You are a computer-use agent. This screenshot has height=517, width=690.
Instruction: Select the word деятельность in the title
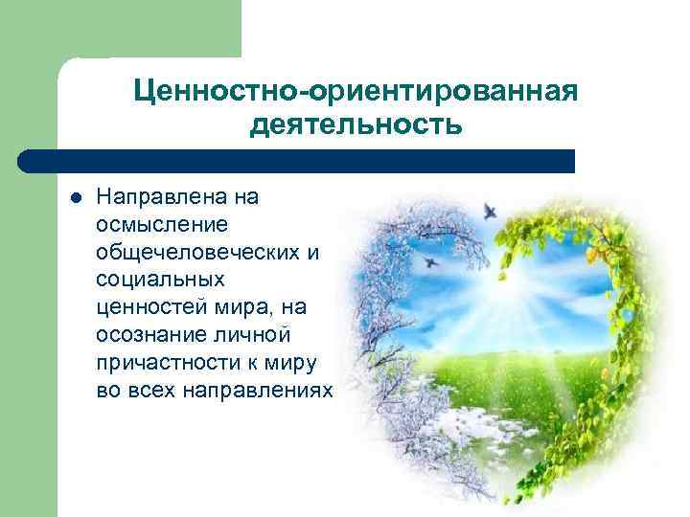click(356, 125)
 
